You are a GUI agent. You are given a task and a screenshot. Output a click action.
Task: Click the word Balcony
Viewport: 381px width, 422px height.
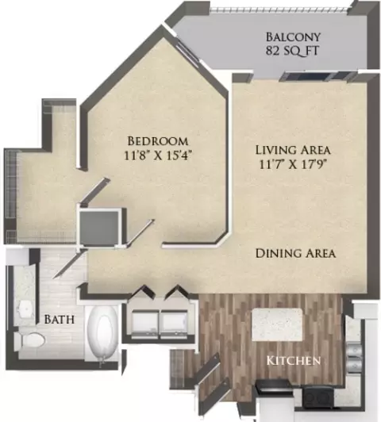coord(293,36)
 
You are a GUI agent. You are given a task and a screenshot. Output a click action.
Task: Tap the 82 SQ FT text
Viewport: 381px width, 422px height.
coord(292,51)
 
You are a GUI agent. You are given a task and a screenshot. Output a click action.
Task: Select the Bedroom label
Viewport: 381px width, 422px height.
coord(158,141)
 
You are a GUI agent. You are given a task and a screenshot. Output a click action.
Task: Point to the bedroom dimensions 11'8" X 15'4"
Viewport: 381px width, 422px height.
coord(159,155)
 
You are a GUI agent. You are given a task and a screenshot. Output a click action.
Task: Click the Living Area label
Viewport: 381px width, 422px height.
coord(293,150)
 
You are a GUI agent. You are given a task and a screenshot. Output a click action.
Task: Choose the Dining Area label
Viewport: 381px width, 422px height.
coord(295,254)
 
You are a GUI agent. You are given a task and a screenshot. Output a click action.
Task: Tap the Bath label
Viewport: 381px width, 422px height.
coord(60,320)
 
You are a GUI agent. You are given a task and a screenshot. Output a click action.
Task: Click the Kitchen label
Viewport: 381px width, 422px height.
coord(294,361)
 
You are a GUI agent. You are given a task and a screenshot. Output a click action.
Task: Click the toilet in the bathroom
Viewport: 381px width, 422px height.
coord(29,340)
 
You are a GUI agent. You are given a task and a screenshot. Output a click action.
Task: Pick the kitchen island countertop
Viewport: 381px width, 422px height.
coord(277,324)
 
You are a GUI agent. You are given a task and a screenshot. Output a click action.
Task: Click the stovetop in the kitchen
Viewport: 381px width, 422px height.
coord(317,397)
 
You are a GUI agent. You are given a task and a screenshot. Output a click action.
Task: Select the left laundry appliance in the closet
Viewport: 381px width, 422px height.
coord(145,323)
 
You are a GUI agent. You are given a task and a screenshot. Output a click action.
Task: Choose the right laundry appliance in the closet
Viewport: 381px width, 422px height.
coord(174,323)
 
